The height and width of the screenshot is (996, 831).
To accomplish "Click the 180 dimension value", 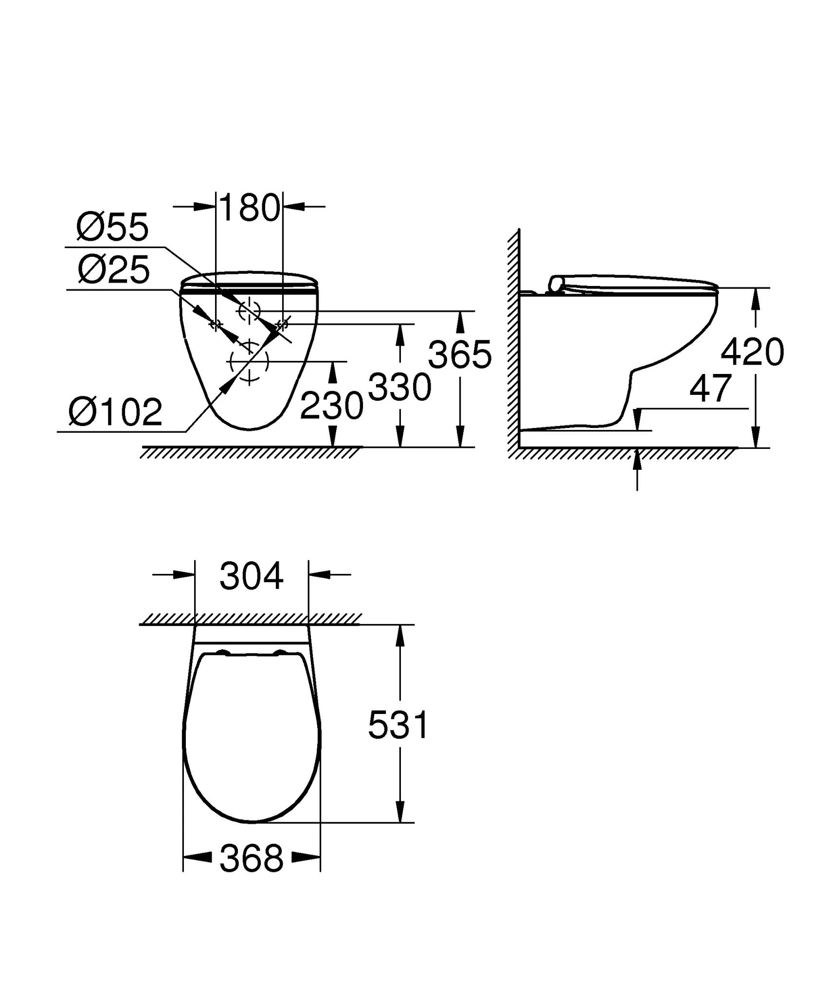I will point(250,208).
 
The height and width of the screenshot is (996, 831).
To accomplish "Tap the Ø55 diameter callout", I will point(112,227).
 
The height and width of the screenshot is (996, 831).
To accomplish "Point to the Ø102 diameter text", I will point(115,412).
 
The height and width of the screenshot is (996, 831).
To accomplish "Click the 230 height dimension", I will point(332,406).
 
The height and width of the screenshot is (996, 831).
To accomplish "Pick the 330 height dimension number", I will point(400,388).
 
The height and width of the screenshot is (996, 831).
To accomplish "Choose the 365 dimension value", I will point(460,355).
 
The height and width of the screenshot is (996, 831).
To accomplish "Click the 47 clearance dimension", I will point(711,389).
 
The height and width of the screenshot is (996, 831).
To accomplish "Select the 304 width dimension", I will point(251,576).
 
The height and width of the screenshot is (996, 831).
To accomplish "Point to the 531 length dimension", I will point(398,725).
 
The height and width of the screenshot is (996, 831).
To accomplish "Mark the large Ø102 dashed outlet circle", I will point(249,361).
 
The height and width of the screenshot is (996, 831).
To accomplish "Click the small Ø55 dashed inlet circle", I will point(249,310).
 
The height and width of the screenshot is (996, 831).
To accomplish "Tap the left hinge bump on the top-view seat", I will point(223,653).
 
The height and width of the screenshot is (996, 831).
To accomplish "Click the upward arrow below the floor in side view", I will point(637,469).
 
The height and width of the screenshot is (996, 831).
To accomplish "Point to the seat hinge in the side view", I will point(556,284).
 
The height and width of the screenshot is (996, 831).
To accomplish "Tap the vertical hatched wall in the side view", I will point(513,340).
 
